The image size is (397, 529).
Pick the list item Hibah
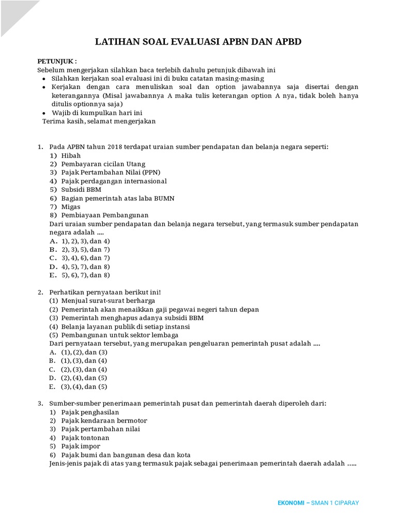coord(71,155)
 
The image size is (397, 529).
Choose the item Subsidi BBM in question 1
coord(81,190)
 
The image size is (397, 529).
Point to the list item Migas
coord(71,207)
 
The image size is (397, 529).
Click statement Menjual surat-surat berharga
coord(108,301)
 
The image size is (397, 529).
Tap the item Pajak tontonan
coord(85,438)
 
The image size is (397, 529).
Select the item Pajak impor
coord(81,446)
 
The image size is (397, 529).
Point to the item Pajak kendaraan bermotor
coord(104,421)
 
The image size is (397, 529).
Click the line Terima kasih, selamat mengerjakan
coord(99,121)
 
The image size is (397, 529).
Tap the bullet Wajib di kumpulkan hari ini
coord(97,113)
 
